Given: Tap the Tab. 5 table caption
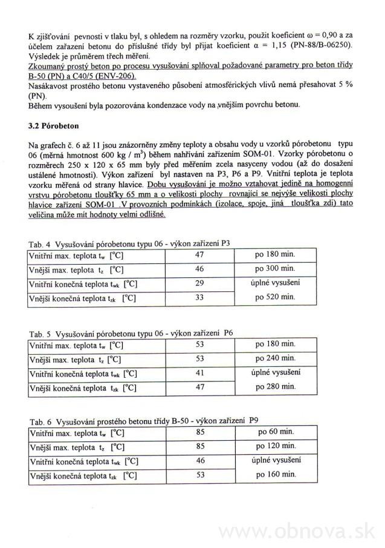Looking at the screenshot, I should pyautogui.click(x=131, y=333).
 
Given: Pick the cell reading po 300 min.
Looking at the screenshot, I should pyautogui.click(x=275, y=268).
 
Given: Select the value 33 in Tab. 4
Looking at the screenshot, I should pyautogui.click(x=199, y=298).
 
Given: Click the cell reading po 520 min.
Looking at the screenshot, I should pyautogui.click(x=275, y=297).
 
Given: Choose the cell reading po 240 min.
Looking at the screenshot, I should pyautogui.click(x=275, y=358).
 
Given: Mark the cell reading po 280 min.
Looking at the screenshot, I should pyautogui.click(x=275, y=386).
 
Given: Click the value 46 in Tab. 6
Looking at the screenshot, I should pyautogui.click(x=199, y=461).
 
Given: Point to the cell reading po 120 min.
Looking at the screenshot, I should pyautogui.click(x=275, y=446).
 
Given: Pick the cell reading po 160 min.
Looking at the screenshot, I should pyautogui.click(x=275, y=474).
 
